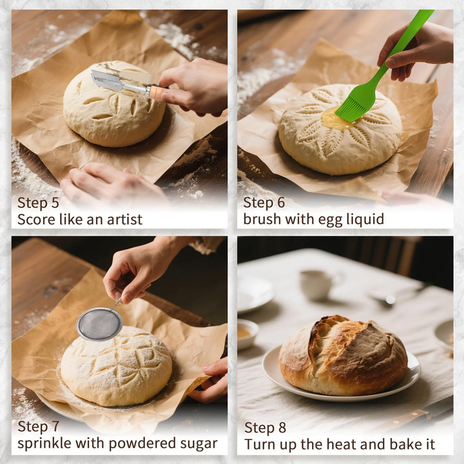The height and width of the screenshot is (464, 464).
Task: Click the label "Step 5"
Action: [x=38, y=202]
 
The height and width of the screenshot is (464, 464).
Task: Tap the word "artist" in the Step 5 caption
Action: [x=122, y=219]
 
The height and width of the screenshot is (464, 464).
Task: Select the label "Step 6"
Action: [x=264, y=202]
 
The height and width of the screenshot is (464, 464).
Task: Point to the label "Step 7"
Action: [x=38, y=427]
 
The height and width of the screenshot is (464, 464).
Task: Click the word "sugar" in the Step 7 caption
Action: [x=197, y=444]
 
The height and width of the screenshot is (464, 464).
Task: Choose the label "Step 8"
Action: [x=265, y=427]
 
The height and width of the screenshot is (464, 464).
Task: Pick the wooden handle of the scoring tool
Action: [x=155, y=92]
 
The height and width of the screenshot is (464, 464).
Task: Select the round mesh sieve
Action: [x=99, y=324]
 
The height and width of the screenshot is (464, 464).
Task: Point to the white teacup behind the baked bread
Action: [x=316, y=284]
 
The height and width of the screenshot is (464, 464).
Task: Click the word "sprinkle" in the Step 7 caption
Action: [x=43, y=444]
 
